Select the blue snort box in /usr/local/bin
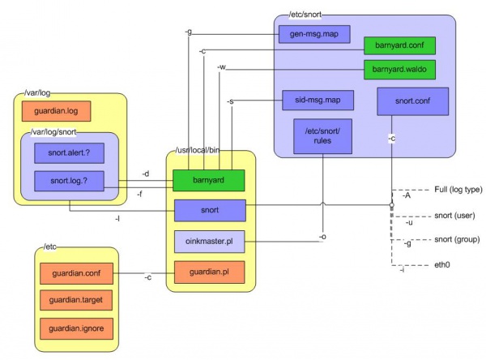209,210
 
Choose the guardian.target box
77,302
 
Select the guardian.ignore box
77,330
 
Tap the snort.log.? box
69,181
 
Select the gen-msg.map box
302,36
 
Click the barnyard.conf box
399,45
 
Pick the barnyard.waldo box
399,70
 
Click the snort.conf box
407,101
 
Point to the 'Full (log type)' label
458,189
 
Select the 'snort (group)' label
455,241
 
